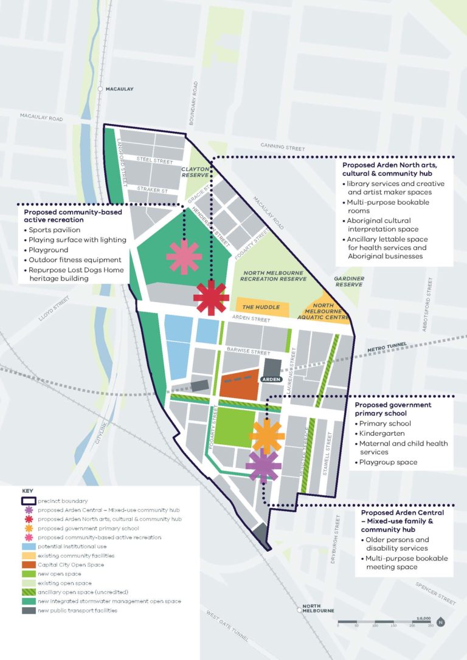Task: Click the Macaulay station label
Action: pos(119,89)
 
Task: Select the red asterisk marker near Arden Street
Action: pos(211,298)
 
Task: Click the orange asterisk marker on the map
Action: pos(267,436)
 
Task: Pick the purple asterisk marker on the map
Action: pos(263,466)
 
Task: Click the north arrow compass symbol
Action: pos(441,621)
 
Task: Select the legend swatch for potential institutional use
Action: pos(28,546)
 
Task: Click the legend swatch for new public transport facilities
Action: pos(28,610)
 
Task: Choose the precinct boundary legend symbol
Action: pos(28,501)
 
